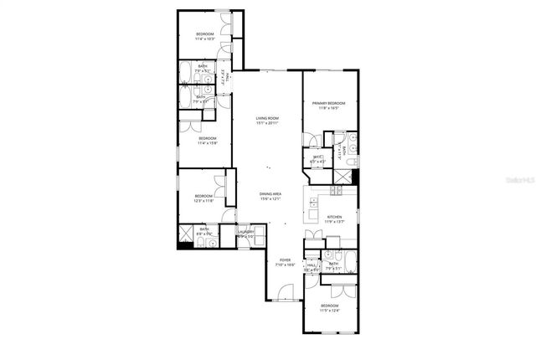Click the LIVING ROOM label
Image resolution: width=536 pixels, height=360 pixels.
267,118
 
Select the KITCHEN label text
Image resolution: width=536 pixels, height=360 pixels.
335,217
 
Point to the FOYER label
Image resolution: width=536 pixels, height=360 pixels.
285,260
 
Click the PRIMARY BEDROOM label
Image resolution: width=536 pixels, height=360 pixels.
329,103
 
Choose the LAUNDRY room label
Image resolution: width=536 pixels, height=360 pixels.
245,234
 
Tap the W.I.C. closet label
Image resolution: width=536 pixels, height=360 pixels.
318,157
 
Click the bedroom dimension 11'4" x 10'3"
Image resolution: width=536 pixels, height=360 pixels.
205,39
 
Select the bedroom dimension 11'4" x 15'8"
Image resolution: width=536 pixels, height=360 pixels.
208,143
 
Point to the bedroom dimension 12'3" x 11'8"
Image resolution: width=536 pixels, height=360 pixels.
204,201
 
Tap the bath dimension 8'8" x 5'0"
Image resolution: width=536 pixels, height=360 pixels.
204,233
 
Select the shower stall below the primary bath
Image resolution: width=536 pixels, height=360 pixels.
343,177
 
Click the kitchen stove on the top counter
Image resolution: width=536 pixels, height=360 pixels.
336,190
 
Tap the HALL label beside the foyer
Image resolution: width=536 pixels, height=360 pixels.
311,265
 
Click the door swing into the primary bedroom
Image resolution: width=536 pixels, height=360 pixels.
311,139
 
